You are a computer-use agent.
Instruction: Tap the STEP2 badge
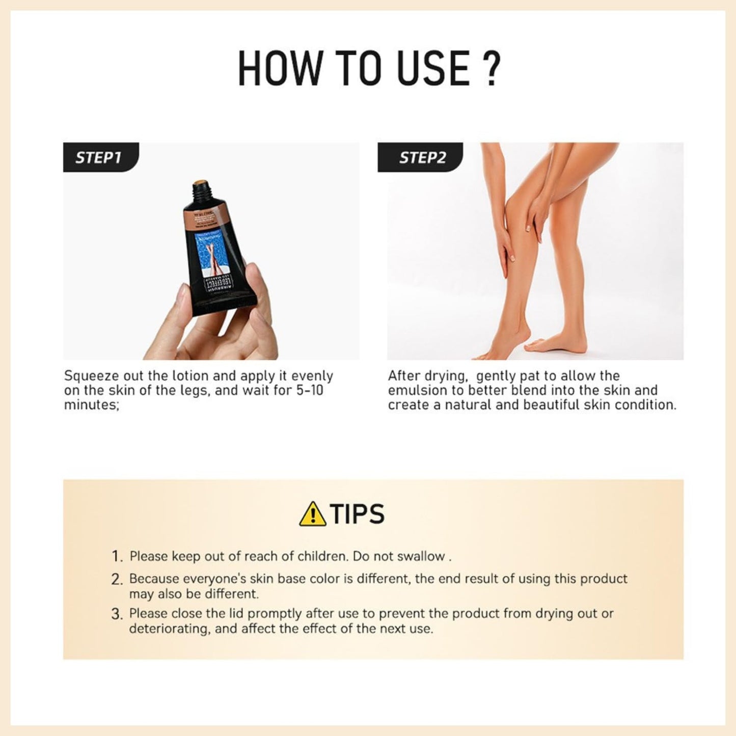pyautogui.click(x=422, y=157)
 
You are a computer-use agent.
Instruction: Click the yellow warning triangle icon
pyautogui.click(x=313, y=514)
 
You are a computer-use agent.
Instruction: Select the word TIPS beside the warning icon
pyautogui.click(x=357, y=514)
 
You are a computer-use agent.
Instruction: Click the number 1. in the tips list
pyautogui.click(x=117, y=556)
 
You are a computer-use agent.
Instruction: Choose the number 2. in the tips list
pyautogui.click(x=117, y=579)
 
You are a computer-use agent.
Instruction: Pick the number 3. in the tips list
pyautogui.click(x=117, y=614)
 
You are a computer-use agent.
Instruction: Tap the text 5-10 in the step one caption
pyautogui.click(x=309, y=391)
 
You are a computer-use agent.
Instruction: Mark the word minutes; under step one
pyautogui.click(x=91, y=405)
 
